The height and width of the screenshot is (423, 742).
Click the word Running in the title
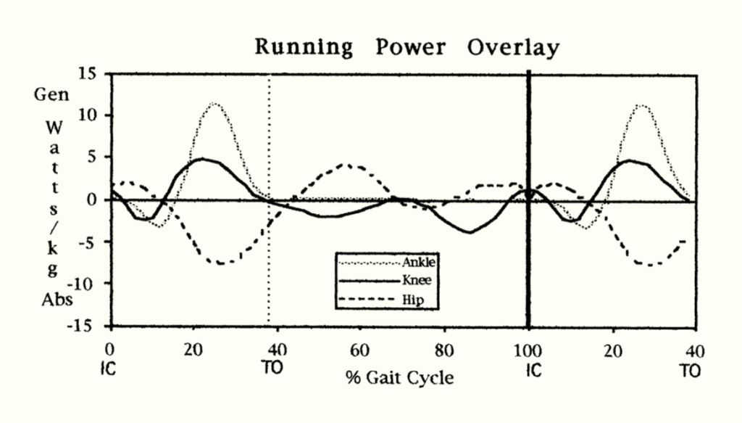(x=303, y=49)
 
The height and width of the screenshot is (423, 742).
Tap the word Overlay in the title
(x=513, y=49)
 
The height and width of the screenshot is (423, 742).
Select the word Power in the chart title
(x=409, y=49)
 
